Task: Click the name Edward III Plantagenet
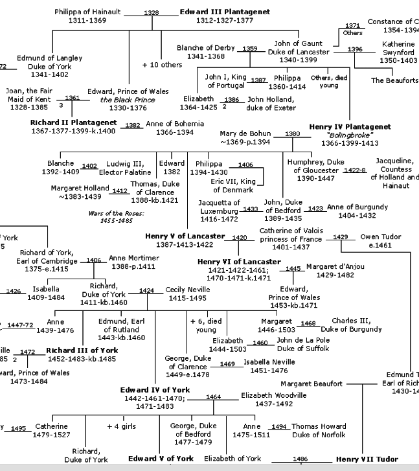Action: tap(224, 12)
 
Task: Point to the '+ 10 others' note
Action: tap(162, 65)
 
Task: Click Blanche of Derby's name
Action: tap(207, 48)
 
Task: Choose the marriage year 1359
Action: tap(250, 49)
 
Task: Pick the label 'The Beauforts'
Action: tap(394, 80)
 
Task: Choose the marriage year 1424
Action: tap(146, 290)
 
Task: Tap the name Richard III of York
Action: tap(82, 350)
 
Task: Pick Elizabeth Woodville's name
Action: tap(275, 395)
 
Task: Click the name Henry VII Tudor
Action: tap(367, 459)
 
